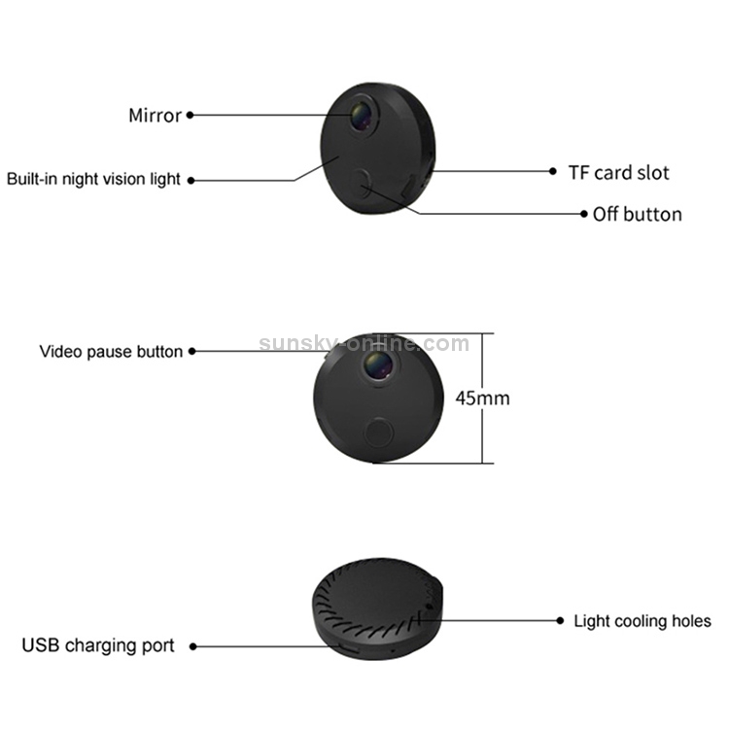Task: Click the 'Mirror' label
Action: [155, 116]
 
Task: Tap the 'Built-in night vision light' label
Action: [93, 179]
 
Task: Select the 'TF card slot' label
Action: [619, 172]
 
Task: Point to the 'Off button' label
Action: [638, 215]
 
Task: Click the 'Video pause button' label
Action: [111, 352]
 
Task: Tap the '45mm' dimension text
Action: [482, 399]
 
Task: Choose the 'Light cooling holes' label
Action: [642, 621]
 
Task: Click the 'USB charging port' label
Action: [98, 645]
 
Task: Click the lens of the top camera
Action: [361, 116]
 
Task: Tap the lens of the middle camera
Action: [377, 364]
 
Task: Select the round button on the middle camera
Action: [378, 433]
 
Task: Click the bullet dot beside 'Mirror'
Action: [190, 115]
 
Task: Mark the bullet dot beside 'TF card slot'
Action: [552, 171]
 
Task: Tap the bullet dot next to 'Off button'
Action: [584, 214]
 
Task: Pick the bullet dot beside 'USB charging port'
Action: [193, 646]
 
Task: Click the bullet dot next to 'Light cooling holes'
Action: [560, 621]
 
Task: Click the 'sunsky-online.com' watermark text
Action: [364, 344]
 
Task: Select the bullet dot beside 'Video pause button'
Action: [192, 352]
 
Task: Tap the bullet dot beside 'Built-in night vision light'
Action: [191, 181]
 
